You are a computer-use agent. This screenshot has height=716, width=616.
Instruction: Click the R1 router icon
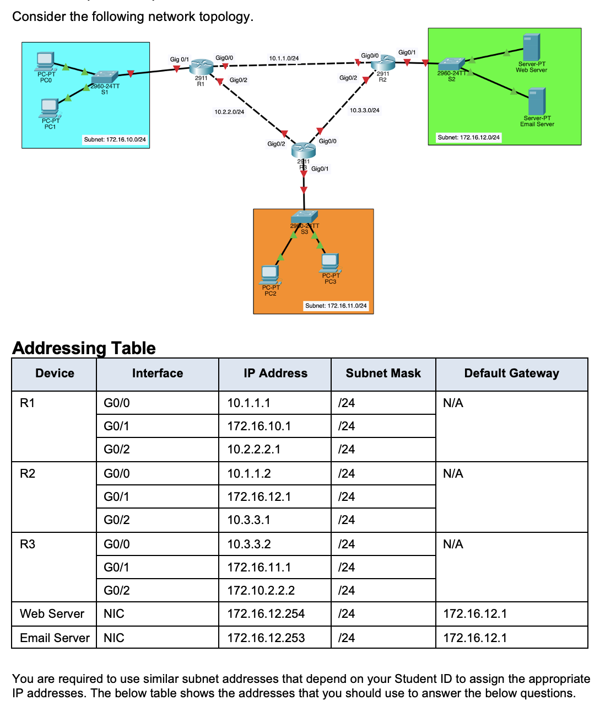[201, 67]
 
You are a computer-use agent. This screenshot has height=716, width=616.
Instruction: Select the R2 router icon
[383, 63]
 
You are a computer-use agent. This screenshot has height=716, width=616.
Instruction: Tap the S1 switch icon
[105, 77]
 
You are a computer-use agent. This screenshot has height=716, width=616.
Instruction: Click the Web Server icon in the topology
[531, 47]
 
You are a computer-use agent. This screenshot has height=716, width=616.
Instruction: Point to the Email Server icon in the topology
[537, 101]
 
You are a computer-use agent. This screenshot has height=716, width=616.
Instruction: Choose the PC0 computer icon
[45, 61]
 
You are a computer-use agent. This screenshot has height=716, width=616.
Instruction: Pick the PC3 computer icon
[330, 263]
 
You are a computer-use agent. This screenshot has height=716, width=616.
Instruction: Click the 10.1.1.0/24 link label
[284, 58]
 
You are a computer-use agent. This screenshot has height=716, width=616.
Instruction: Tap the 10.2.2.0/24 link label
[229, 112]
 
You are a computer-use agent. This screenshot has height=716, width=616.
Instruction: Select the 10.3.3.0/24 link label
[364, 110]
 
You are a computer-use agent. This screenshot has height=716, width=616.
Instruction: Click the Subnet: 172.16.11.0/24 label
[336, 306]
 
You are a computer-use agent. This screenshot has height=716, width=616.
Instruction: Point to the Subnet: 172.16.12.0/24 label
[468, 137]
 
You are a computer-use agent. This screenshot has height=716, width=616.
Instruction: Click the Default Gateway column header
[511, 373]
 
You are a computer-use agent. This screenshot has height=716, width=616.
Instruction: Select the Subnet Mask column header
[383, 373]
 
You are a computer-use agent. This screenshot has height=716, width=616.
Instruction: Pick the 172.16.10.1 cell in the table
[259, 426]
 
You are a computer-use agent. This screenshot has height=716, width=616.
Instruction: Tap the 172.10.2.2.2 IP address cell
[261, 591]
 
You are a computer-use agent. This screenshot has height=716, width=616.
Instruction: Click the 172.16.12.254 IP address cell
[266, 614]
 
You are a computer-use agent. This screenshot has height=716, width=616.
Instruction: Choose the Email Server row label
[55, 638]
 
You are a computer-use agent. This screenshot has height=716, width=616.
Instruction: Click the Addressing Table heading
[84, 348]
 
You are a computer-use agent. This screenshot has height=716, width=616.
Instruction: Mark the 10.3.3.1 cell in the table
[248, 520]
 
